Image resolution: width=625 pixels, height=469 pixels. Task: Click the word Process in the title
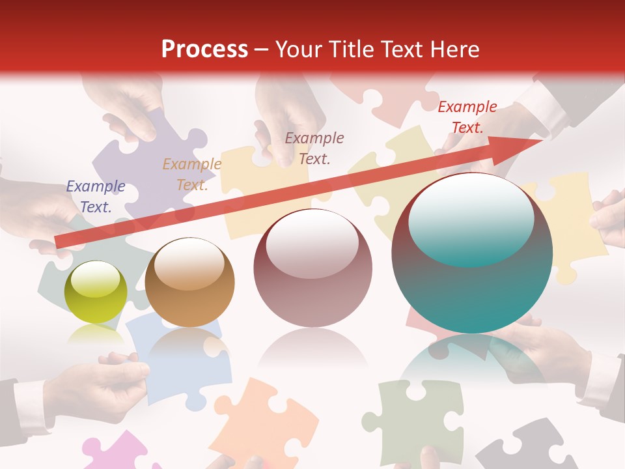[x=204, y=50]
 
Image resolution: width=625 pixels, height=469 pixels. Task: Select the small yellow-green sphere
[x=96, y=292]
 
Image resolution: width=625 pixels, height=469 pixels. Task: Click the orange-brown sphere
[x=189, y=282]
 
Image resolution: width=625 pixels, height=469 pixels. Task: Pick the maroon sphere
[x=312, y=268]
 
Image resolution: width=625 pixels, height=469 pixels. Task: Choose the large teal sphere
[x=472, y=253]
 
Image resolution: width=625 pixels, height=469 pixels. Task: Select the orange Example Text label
[x=192, y=175]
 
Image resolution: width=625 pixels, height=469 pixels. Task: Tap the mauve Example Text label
[x=314, y=149]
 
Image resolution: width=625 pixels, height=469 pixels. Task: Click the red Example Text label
[x=467, y=117]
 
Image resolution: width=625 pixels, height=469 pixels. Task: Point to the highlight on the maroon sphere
[x=312, y=244]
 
